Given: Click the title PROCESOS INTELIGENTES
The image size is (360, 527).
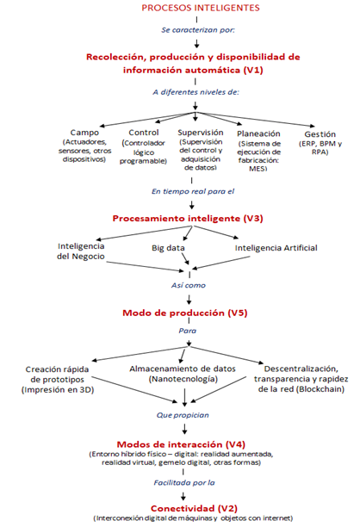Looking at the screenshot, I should pos(180,8).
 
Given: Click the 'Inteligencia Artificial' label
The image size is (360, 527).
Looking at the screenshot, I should pos(276,248).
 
